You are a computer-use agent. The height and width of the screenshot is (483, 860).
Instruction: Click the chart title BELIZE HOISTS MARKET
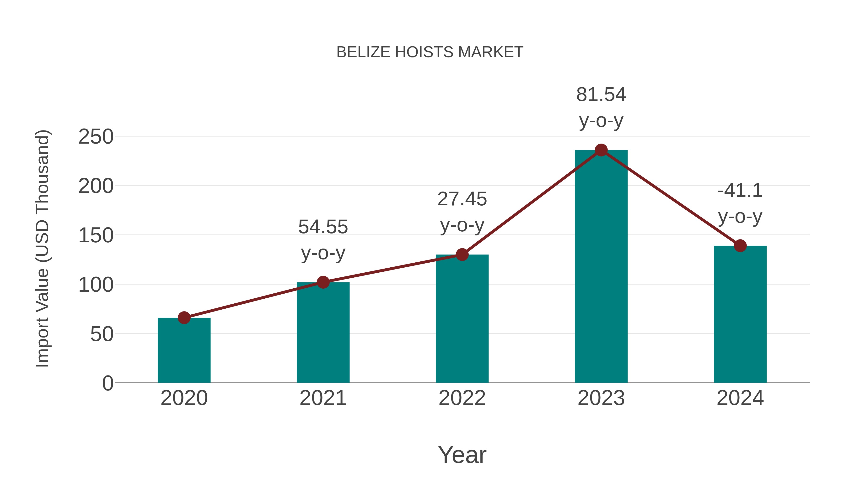pos(430,52)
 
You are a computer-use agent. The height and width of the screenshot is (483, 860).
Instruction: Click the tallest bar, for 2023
pos(601,267)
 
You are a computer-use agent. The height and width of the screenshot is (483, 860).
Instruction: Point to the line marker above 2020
pos(184,318)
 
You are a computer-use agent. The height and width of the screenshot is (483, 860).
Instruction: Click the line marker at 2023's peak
pos(601,150)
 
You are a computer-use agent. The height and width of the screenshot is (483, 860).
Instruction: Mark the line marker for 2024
pos(740,246)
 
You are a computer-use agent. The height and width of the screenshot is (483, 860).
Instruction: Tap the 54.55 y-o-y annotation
pos(323,240)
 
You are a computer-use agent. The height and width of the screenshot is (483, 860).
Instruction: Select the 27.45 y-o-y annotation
pos(462,212)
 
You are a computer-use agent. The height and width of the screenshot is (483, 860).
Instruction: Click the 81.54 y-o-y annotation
pos(601,107)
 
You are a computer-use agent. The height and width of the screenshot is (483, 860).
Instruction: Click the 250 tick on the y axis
pos(96,137)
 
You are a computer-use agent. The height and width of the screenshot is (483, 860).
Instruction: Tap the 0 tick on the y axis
pos(107,383)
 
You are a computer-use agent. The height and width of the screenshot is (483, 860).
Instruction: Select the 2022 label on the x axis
pos(462,398)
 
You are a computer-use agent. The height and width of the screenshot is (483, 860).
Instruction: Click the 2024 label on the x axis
pos(740,398)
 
